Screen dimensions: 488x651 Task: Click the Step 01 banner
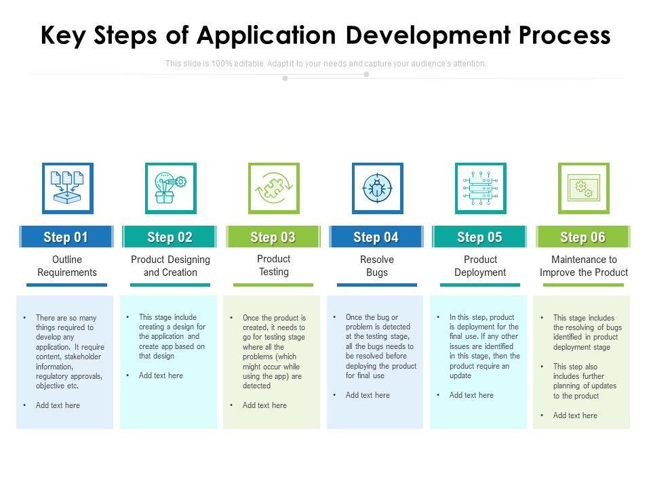click(x=66, y=237)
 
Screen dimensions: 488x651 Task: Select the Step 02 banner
click(x=170, y=237)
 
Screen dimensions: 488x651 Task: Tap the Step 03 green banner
click(x=273, y=237)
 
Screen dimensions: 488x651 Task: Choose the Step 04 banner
click(x=376, y=237)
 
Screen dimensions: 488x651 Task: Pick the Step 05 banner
click(x=479, y=237)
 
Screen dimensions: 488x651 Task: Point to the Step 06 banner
click(x=583, y=237)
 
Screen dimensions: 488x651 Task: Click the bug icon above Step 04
click(x=377, y=188)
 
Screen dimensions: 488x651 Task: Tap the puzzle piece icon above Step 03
click(x=273, y=188)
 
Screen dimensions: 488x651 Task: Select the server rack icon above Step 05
click(x=480, y=188)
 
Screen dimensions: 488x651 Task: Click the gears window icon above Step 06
click(x=583, y=188)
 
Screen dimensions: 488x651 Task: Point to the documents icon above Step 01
click(x=67, y=188)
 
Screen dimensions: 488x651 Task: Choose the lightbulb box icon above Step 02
click(x=170, y=188)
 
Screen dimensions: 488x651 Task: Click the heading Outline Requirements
click(x=67, y=266)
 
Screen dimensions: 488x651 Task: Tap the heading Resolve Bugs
click(x=377, y=266)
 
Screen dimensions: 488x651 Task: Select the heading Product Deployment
click(x=480, y=266)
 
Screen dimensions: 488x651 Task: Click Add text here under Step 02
click(x=161, y=375)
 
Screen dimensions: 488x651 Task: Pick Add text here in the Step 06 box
click(x=575, y=415)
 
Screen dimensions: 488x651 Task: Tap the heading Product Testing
click(x=273, y=265)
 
